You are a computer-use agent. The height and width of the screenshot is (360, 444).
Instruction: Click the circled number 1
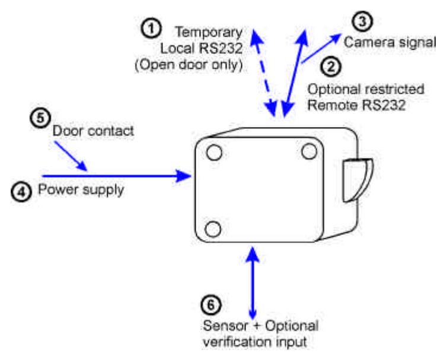[151, 28]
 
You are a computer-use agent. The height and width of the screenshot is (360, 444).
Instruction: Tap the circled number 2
[330, 66]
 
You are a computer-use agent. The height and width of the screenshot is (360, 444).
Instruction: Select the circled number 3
[362, 21]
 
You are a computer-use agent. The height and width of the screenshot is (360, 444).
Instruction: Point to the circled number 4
[21, 192]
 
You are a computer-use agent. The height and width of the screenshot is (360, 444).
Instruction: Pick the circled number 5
[40, 117]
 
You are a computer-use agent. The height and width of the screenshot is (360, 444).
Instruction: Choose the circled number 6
[211, 305]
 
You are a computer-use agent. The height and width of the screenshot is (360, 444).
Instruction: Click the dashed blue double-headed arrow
[264, 72]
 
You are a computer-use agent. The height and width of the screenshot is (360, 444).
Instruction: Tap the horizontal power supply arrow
[117, 176]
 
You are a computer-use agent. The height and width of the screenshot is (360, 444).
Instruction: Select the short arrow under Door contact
[71, 157]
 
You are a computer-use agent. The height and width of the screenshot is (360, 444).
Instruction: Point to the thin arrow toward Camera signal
[322, 49]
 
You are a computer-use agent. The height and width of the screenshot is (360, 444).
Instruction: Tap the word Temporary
[209, 33]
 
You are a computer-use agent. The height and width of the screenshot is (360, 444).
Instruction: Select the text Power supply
[81, 190]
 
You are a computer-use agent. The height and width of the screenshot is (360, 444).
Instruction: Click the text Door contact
[94, 131]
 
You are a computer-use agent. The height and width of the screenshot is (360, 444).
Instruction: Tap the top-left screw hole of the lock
[214, 152]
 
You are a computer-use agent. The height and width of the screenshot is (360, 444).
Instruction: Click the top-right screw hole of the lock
[309, 152]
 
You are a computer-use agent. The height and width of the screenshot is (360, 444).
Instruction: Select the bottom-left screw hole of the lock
[213, 229]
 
